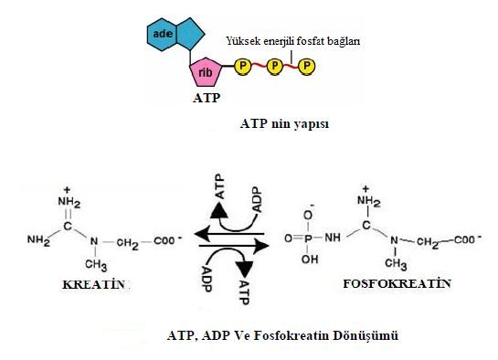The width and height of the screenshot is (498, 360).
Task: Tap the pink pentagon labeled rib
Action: (205, 70)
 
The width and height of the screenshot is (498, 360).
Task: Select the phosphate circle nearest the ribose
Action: (242, 66)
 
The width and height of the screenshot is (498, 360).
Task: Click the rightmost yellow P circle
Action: (306, 66)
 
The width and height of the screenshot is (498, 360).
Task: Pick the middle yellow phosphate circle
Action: (274, 66)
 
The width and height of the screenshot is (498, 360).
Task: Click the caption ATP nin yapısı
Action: (283, 123)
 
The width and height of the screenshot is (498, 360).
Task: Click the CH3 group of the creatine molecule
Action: (95, 265)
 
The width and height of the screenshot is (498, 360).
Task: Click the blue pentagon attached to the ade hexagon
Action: (193, 33)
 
